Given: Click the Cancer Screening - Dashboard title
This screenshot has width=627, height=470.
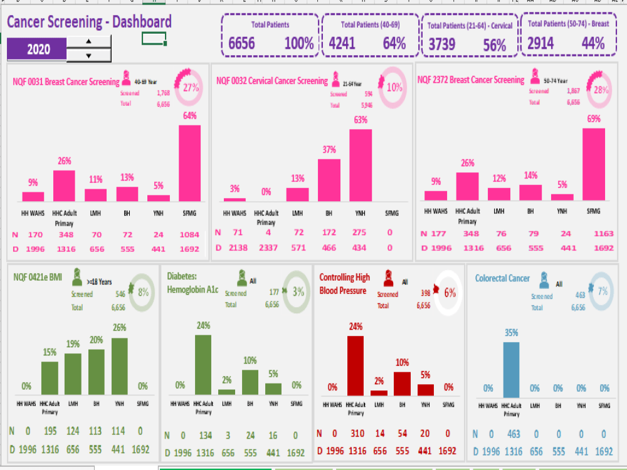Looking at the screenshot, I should pyautogui.click(x=89, y=23).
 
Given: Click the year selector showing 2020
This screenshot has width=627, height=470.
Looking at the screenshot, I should pyautogui.click(x=36, y=49).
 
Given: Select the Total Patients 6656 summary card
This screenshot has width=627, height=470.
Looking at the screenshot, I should pyautogui.click(x=270, y=36).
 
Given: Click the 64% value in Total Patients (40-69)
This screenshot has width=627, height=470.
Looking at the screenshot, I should pyautogui.click(x=394, y=43).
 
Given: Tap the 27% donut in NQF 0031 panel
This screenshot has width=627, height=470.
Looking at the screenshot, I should pyautogui.click(x=191, y=88).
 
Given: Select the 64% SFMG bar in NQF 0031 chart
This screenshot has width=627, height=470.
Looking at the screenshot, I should pyautogui.click(x=189, y=163).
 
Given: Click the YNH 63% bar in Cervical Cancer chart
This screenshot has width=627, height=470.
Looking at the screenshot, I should pyautogui.click(x=361, y=165).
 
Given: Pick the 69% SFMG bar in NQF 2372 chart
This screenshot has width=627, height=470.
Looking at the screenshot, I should pyautogui.click(x=594, y=164).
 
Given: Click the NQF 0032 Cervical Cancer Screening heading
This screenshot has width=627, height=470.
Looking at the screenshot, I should pyautogui.click(x=272, y=81).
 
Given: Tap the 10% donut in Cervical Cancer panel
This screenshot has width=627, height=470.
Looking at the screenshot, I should pyautogui.click(x=394, y=88).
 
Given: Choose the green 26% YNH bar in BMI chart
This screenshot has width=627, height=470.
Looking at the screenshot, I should pyautogui.click(x=119, y=366).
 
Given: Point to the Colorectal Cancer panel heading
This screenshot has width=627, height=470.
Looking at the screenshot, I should pyautogui.click(x=502, y=278).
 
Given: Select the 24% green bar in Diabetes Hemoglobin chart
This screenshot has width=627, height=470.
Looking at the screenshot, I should pyautogui.click(x=203, y=364).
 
